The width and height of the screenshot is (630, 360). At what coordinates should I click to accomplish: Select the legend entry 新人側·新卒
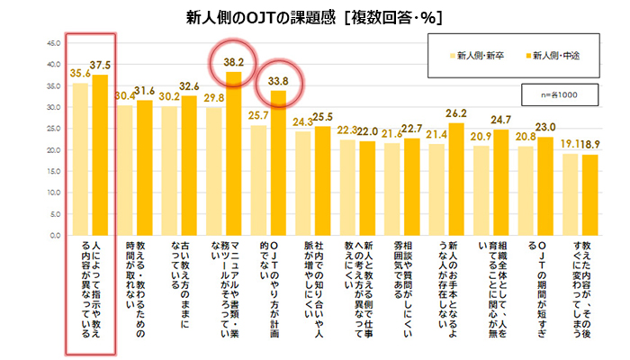click(x=477, y=56)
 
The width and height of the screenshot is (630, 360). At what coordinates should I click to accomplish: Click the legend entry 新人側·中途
click(x=551, y=56)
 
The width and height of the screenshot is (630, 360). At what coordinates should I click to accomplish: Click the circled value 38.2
click(x=234, y=63)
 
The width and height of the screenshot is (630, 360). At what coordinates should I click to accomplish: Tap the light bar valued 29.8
click(x=213, y=171)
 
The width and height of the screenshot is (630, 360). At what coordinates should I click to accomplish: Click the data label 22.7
click(x=412, y=129)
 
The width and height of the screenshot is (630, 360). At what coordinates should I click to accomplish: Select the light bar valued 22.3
click(x=346, y=187)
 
